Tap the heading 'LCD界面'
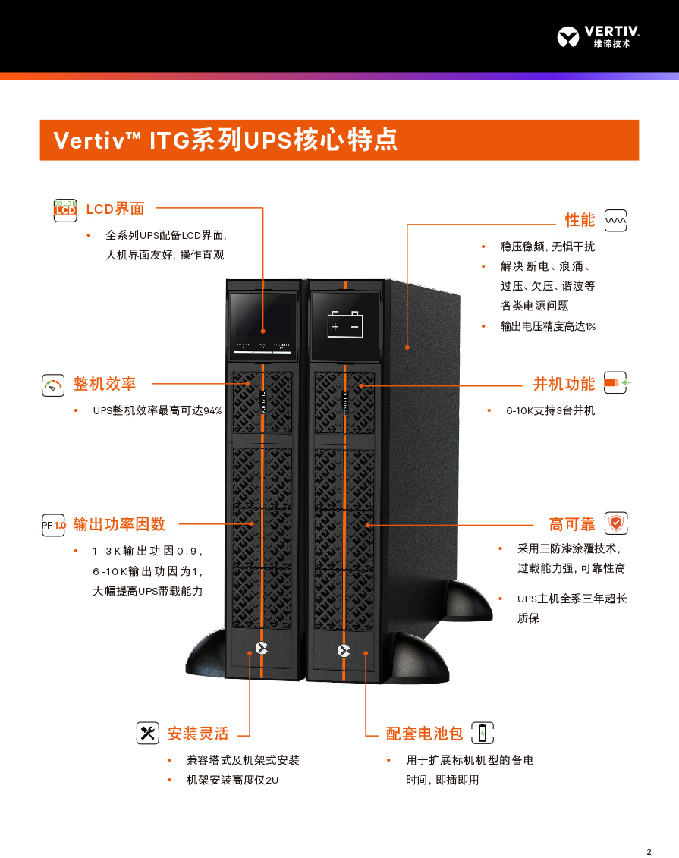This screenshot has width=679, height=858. click(x=115, y=209)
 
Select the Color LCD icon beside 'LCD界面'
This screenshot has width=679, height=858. click(x=66, y=209)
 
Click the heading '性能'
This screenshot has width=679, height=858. click(x=580, y=220)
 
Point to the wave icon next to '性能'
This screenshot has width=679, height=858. click(x=615, y=220)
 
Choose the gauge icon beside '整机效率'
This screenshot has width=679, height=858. click(x=53, y=384)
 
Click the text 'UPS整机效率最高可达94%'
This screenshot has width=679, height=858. click(x=157, y=410)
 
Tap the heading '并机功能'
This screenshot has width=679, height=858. click(x=564, y=384)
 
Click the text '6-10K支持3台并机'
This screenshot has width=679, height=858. click(x=551, y=410)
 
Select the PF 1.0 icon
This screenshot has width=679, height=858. click(x=54, y=524)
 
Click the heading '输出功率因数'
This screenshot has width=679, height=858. click(x=119, y=524)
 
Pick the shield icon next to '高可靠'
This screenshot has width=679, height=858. click(x=616, y=523)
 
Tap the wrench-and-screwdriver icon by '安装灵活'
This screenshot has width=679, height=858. click(x=147, y=733)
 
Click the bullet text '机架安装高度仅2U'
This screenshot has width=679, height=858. click(x=232, y=780)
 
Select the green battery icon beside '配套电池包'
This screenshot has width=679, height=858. click(x=483, y=733)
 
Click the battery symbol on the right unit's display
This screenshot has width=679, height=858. click(x=345, y=325)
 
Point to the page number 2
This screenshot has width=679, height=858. click(x=649, y=850)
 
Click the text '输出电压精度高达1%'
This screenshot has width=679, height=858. click(x=548, y=326)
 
